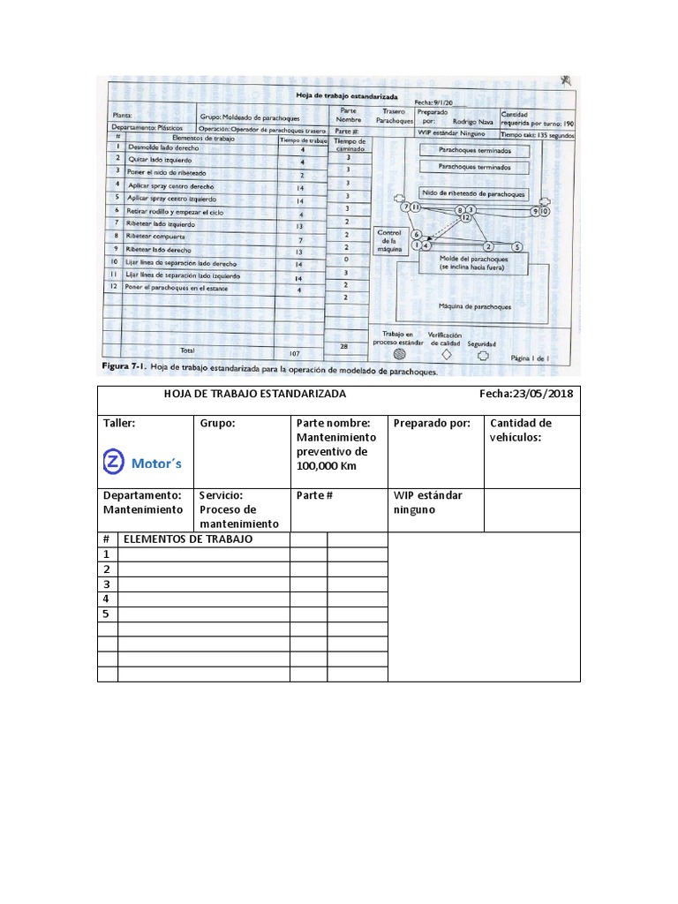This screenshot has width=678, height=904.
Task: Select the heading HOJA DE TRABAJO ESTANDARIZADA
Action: click(x=255, y=395)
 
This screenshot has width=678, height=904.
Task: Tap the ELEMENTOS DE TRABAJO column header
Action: click(x=188, y=539)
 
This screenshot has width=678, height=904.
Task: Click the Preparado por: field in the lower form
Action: click(x=432, y=424)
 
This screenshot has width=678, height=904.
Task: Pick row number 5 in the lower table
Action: click(x=106, y=614)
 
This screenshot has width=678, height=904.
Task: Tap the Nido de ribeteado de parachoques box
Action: click(x=473, y=194)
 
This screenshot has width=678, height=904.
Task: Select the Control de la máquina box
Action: click(x=389, y=241)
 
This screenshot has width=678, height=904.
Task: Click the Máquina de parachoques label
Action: click(x=474, y=306)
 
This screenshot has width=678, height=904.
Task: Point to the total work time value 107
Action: click(x=294, y=353)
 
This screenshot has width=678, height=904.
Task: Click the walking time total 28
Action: click(x=344, y=347)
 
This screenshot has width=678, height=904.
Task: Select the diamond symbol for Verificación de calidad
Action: click(x=446, y=354)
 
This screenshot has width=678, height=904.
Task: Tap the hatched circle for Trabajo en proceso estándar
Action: click(x=399, y=354)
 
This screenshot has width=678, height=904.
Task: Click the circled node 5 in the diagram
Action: click(x=516, y=246)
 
